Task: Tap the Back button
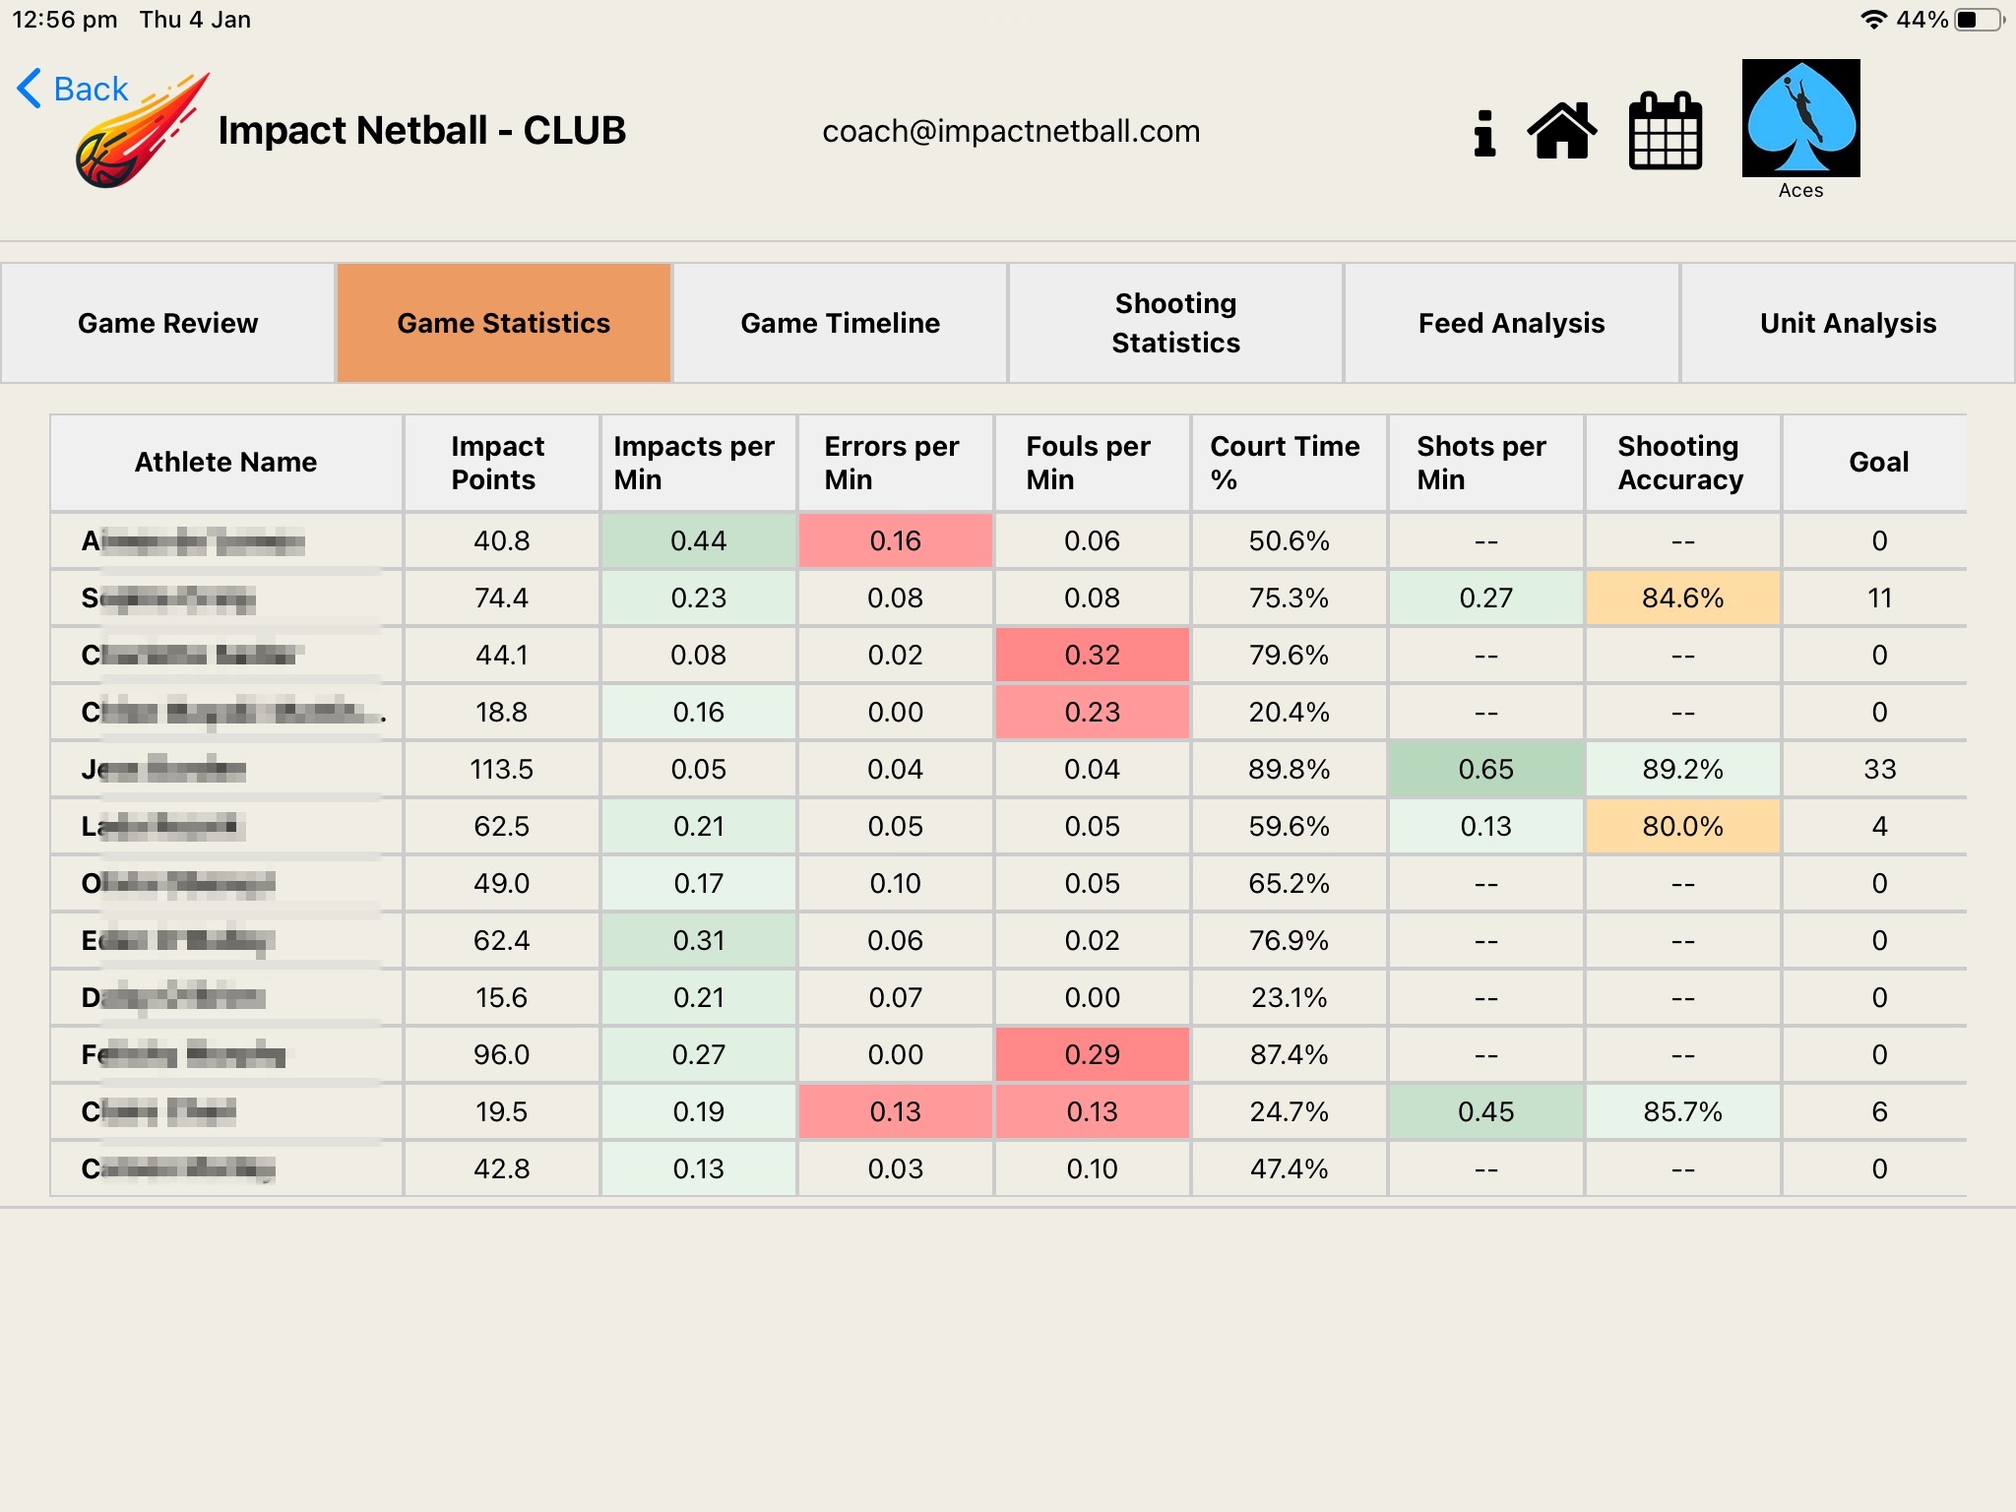tap(74, 89)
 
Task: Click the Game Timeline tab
tap(840, 323)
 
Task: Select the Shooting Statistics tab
tap(1175, 323)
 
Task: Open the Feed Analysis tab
tap(1511, 323)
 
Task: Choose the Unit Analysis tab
tap(1847, 323)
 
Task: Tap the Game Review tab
tap(167, 323)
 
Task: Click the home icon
tap(1562, 131)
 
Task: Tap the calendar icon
tap(1665, 131)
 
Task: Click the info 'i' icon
tap(1484, 133)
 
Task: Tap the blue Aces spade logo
tap(1800, 118)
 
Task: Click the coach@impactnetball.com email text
tap(1011, 131)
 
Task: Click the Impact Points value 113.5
tap(502, 769)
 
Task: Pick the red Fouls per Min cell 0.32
tap(1092, 655)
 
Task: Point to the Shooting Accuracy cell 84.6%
tap(1682, 598)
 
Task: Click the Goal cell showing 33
tap(1878, 769)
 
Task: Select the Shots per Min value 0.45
tap(1485, 1111)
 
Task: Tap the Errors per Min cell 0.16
tap(895, 540)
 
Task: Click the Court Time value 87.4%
tap(1289, 1054)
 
